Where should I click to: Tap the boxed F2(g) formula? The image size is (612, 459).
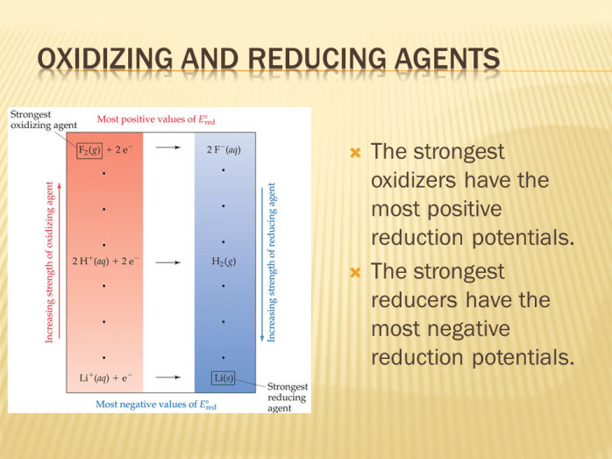coord(87,149)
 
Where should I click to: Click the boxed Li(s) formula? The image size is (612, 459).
coord(224,377)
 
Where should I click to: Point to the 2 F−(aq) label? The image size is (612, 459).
coord(224,149)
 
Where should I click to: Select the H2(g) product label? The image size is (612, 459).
coord(224,261)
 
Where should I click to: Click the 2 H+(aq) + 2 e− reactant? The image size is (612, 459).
coord(105,261)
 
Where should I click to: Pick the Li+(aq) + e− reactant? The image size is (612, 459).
coord(100,377)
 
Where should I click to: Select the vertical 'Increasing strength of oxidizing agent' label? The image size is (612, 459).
coord(49,263)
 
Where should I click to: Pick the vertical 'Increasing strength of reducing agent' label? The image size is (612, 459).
coord(272,263)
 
